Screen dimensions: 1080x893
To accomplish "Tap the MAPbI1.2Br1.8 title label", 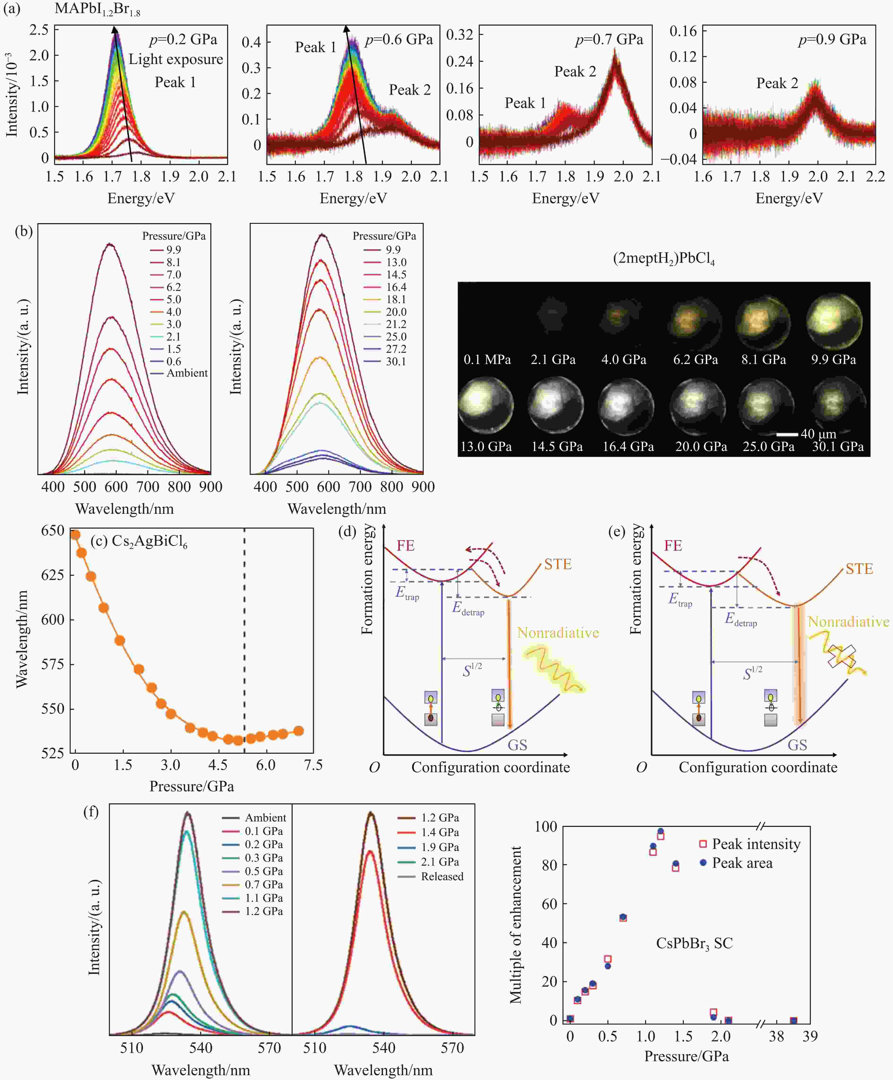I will click(97, 9).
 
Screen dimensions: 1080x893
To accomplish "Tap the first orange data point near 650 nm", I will click(75, 535).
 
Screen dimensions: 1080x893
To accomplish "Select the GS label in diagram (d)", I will click(517, 745).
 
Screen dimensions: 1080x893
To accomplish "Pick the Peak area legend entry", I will click(742, 863).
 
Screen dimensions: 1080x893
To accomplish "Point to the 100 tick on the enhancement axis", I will click(545, 827).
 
